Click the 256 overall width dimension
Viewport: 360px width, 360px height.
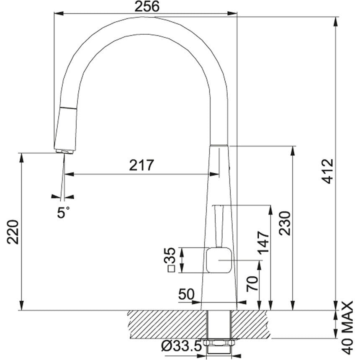[147, 6]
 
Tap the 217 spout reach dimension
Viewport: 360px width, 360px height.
[141, 165]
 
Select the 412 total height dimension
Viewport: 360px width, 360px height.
[327, 171]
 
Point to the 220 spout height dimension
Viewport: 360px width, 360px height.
[13, 232]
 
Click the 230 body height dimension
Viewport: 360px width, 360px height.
[285, 223]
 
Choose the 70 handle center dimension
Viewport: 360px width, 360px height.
[252, 284]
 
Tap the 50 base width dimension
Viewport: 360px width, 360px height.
[186, 294]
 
